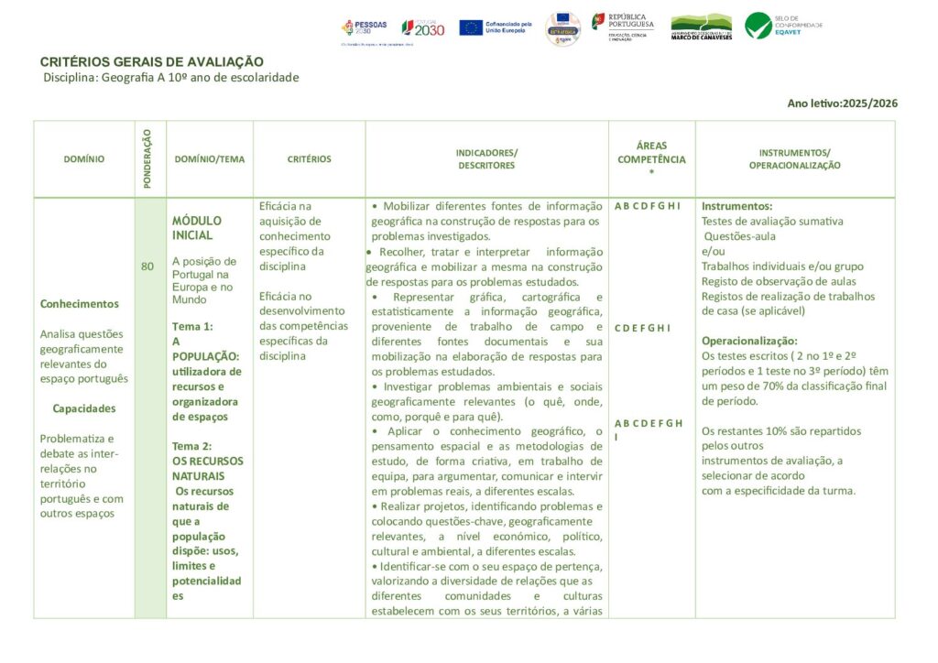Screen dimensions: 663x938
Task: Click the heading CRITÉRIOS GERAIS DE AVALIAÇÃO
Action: pos(151,61)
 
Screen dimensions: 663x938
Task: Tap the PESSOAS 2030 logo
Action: pos(365,28)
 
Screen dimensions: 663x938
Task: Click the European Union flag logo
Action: pos(472,27)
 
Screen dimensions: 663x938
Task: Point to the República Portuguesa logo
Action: pos(623,24)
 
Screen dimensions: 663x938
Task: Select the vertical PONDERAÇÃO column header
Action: pos(149,158)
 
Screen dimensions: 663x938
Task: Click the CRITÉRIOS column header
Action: pos(309,159)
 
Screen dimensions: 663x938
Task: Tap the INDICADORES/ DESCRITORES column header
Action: pos(486,159)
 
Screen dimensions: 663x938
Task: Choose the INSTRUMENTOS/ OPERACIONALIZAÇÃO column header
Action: pos(794,159)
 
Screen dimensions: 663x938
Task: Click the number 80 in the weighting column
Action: pos(147,266)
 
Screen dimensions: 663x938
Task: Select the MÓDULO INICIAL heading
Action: pos(197,228)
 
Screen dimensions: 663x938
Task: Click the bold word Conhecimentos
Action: pos(80,304)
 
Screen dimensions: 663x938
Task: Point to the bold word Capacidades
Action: pos(84,408)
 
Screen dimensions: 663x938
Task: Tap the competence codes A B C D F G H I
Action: pos(648,206)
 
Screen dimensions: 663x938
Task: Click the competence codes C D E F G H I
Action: pos(642,328)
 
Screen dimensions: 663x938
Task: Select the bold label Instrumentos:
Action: pos(736,206)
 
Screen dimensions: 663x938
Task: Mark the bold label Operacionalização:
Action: pos(749,341)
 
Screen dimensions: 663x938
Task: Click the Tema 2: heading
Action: pos(192,446)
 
